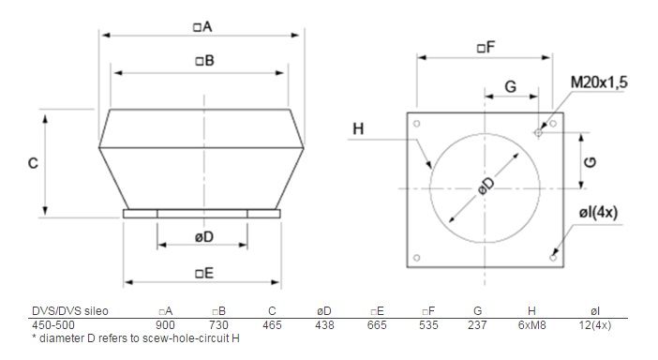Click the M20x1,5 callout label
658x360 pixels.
point(599,82)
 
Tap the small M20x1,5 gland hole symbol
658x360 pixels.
point(538,132)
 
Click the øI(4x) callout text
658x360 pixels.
point(598,212)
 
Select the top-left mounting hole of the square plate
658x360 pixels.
point(417,124)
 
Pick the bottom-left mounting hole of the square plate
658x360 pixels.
point(417,258)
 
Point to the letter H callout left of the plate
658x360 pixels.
point(358,128)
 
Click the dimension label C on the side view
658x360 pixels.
point(33,163)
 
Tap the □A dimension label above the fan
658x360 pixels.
point(202,27)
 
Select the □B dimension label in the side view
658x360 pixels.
point(204,61)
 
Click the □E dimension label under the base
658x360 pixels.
point(204,274)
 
